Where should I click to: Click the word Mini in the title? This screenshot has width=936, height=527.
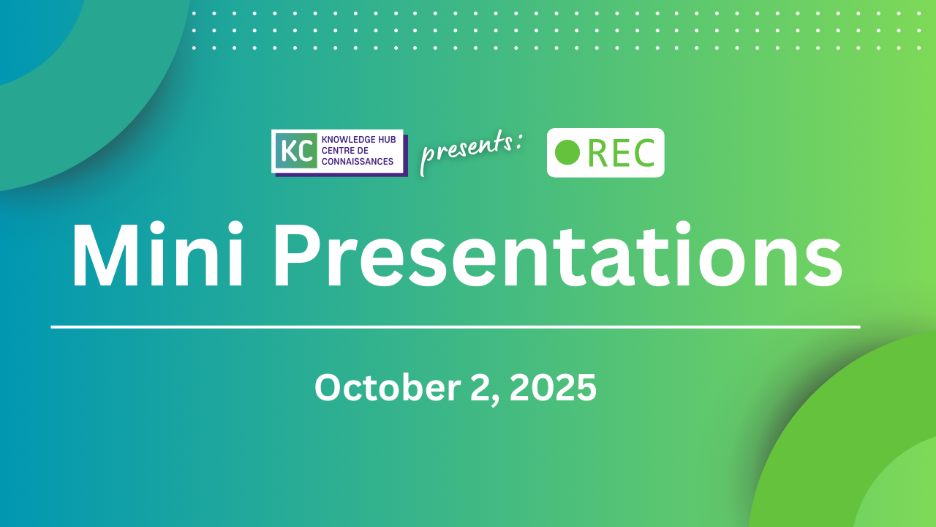(157, 254)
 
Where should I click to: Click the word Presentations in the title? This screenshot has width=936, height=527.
(558, 255)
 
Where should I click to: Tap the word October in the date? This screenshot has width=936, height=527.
(388, 388)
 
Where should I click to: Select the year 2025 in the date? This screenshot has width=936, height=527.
(554, 388)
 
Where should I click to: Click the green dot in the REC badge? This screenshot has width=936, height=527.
(567, 152)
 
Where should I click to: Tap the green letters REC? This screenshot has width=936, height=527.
(621, 153)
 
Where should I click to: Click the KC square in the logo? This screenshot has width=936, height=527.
(296, 151)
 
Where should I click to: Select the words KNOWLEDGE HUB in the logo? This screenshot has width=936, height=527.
(358, 139)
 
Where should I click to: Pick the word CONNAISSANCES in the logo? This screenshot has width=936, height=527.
(358, 162)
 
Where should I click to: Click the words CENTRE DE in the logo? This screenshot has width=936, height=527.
(344, 151)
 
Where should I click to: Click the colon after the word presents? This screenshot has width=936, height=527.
(518, 141)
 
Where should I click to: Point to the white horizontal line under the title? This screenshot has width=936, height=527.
(456, 327)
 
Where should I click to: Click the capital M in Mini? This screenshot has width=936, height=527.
(105, 255)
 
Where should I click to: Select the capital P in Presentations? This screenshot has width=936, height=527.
(298, 255)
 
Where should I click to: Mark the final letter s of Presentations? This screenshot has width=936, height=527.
(823, 265)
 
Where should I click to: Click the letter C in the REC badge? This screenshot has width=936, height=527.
(644, 153)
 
